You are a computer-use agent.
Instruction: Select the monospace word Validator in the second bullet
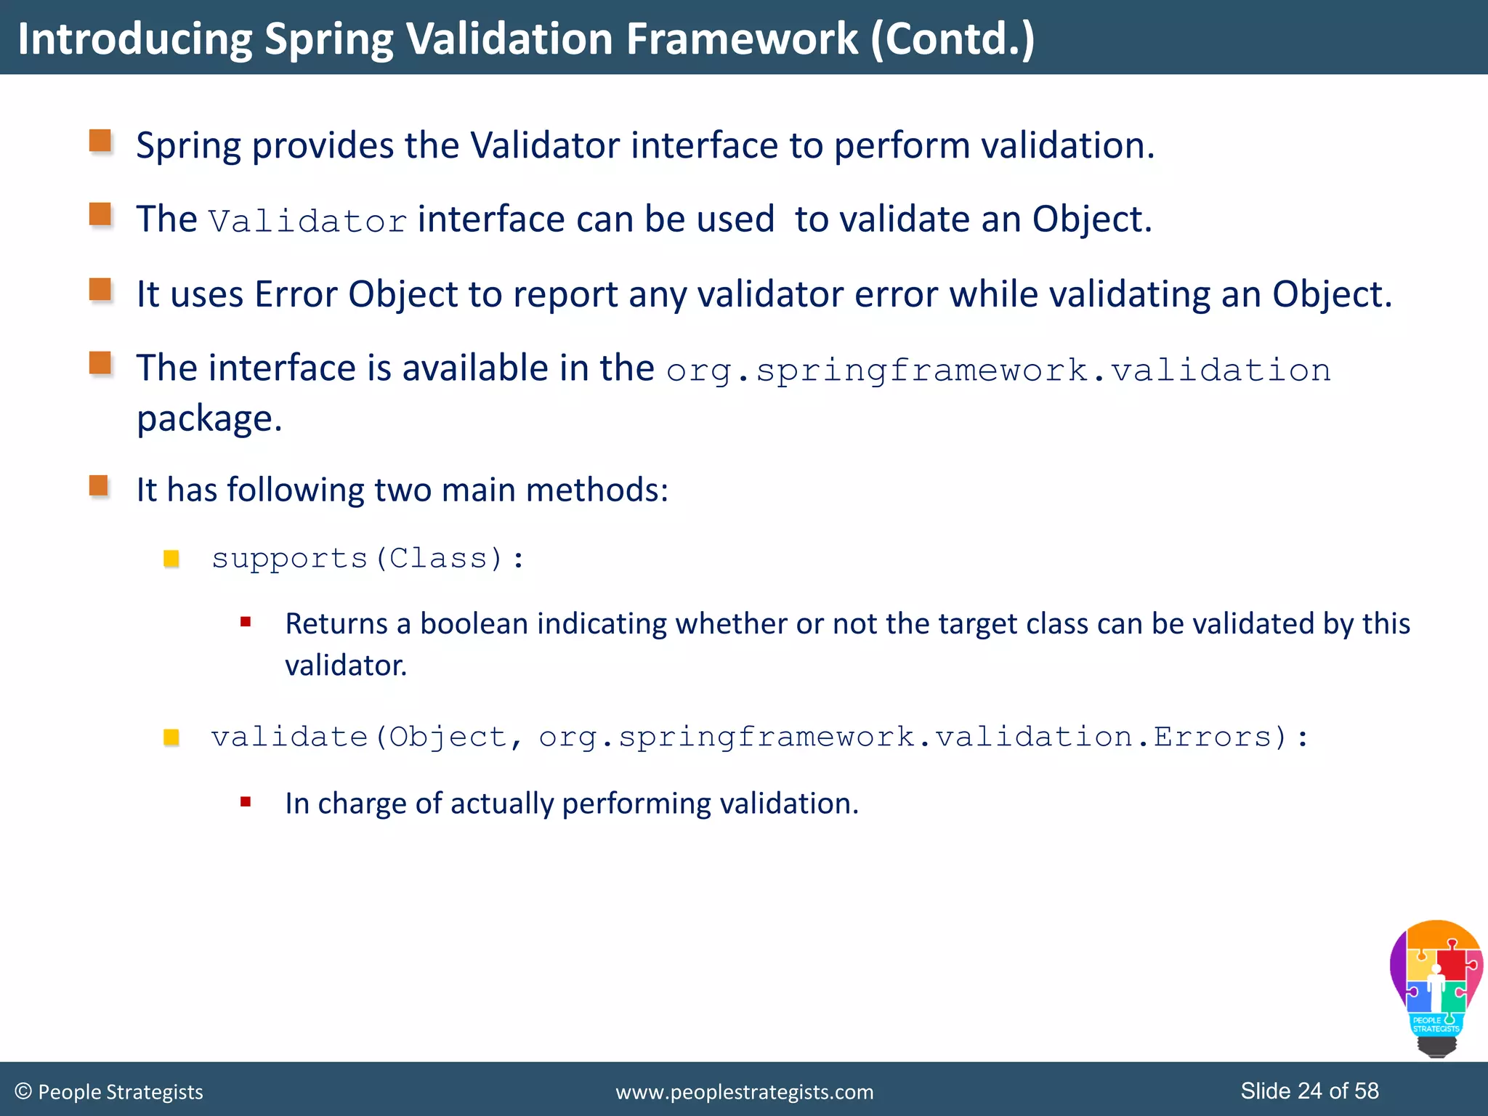pyautogui.click(x=307, y=221)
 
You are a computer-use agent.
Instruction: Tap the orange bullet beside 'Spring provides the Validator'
pyautogui.click(x=100, y=141)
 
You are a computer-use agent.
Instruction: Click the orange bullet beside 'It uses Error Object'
pyautogui.click(x=100, y=289)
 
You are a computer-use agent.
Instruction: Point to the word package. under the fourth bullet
pyautogui.click(x=209, y=418)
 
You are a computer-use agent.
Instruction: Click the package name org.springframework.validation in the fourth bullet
pyautogui.click(x=998, y=371)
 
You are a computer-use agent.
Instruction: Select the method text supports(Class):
pyautogui.click(x=368, y=558)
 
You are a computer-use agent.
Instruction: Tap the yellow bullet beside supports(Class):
pyautogui.click(x=171, y=558)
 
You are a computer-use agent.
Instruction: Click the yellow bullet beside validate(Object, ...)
pyautogui.click(x=171, y=737)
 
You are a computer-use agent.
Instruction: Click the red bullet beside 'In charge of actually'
pyautogui.click(x=246, y=802)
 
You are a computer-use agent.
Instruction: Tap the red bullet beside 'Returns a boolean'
pyautogui.click(x=246, y=622)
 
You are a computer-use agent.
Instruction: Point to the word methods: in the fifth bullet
pyautogui.click(x=597, y=490)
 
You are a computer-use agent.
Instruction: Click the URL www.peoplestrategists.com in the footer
pyautogui.click(x=744, y=1092)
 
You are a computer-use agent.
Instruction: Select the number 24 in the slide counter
pyautogui.click(x=1310, y=1091)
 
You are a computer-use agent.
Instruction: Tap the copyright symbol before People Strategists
pyautogui.click(x=23, y=1091)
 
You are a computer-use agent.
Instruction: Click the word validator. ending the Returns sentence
pyautogui.click(x=346, y=666)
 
